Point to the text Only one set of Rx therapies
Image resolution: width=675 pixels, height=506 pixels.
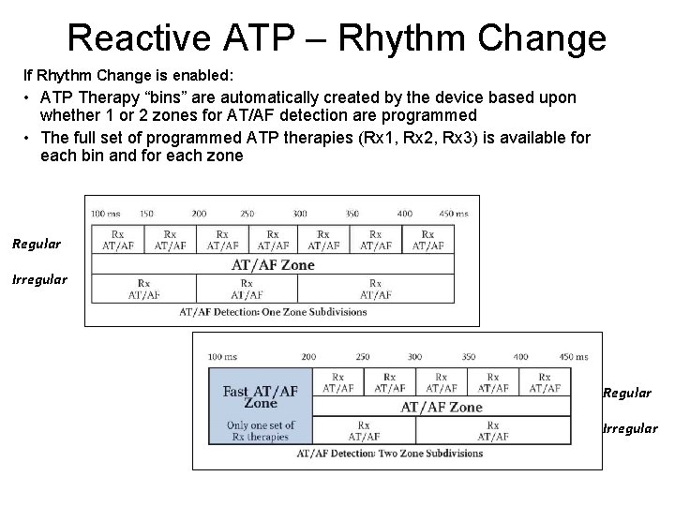pos(261,430)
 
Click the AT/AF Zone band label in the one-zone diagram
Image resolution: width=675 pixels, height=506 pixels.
pos(273,264)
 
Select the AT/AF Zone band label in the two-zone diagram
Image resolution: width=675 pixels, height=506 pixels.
pos(442,407)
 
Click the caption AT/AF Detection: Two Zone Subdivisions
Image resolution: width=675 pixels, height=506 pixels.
pos(389,454)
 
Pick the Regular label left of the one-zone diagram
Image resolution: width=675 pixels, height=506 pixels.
pos(37,245)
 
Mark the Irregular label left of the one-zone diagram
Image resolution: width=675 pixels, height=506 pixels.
pos(39,279)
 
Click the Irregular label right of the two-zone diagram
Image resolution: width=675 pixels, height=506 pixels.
pos(629,428)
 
